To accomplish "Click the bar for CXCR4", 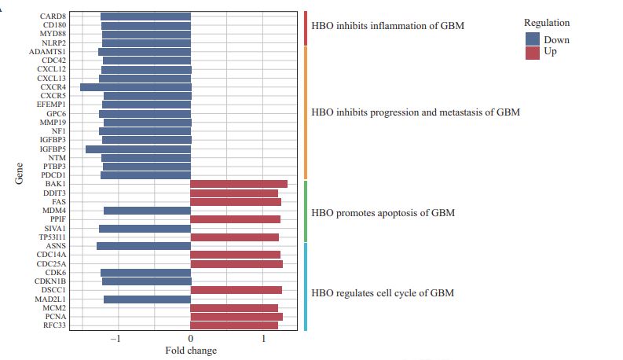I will [x=135, y=87].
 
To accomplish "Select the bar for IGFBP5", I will [x=138, y=149].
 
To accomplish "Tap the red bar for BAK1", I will [x=239, y=184].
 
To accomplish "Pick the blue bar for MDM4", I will [x=147, y=211].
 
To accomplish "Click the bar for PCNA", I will [x=236, y=317].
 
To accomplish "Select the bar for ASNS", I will [x=144, y=246].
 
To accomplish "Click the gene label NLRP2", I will [x=53, y=42].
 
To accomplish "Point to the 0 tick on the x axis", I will [x=191, y=339].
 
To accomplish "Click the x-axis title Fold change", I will [x=191, y=351].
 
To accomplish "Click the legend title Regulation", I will [x=547, y=24].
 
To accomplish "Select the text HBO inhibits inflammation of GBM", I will [x=387, y=26].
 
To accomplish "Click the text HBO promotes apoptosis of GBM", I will [x=383, y=213].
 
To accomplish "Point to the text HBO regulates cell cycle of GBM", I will [x=383, y=293].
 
